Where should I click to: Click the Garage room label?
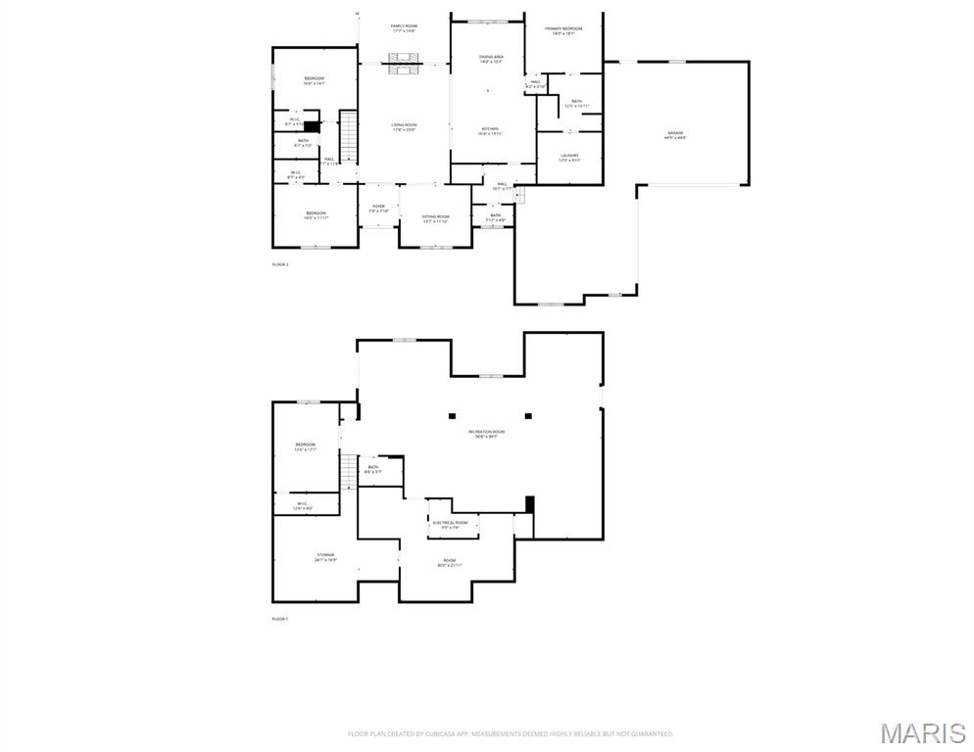point(675,134)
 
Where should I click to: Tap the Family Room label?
point(404,28)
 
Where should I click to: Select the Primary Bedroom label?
point(563,31)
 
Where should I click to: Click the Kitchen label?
point(490,131)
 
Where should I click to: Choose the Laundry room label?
point(569,157)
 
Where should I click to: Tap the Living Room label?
point(404,126)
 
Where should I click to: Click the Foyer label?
point(378,209)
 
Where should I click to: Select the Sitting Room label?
point(435,218)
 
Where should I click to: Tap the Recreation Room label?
point(486,434)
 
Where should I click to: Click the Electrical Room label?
point(450,525)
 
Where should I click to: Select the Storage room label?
point(325,557)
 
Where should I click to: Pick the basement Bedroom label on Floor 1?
point(306,446)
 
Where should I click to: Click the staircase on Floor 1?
point(348,472)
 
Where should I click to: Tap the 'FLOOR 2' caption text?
point(280,264)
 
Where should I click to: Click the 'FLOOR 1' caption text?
point(280,619)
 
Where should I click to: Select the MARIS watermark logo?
point(921,733)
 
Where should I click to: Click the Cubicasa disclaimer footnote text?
point(511,733)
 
